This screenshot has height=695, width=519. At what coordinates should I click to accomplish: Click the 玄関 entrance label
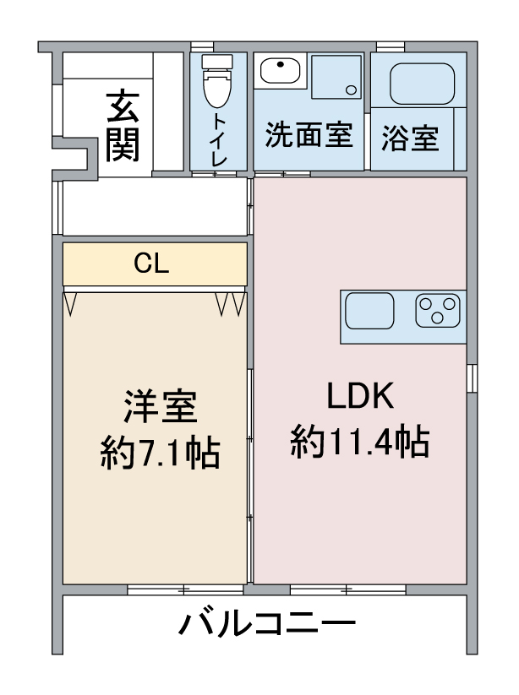[x=123, y=126]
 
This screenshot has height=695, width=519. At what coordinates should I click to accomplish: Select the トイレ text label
[x=219, y=138]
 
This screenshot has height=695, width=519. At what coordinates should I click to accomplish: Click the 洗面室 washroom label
[x=309, y=135]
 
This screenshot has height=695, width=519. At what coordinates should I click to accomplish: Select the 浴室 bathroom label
[x=410, y=138]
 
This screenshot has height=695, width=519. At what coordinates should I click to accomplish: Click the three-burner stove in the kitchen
[x=440, y=310]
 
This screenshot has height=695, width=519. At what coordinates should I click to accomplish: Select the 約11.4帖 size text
[x=359, y=440]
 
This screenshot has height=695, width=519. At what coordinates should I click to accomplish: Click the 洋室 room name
[x=160, y=408]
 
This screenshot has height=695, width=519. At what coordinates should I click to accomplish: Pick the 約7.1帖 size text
[x=160, y=453]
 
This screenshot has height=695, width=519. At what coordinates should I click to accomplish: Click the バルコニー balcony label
[x=266, y=626]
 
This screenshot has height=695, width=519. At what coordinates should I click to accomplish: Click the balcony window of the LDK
[x=347, y=589]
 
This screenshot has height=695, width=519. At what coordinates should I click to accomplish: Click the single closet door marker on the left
[x=71, y=302]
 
